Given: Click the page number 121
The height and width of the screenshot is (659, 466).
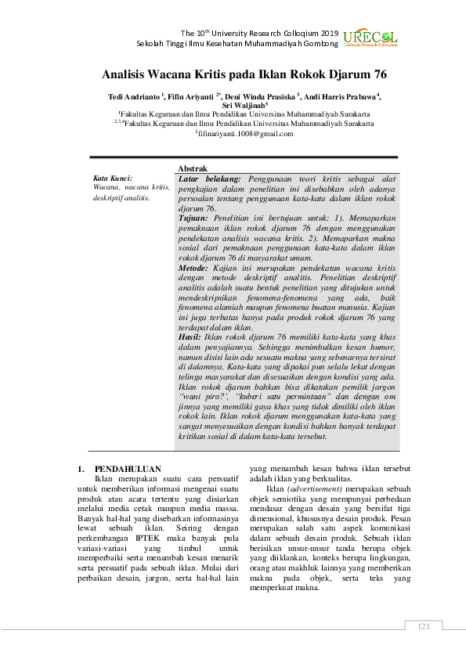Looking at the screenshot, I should pos(424,625).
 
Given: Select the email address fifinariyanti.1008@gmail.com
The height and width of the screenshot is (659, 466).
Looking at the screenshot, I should pos(244,134).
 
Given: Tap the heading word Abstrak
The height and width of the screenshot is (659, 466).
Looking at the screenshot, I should pos(193,169).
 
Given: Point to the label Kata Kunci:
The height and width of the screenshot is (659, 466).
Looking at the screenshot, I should pos(112,178).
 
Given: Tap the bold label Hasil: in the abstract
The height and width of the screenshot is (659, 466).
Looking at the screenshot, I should pos(191,335).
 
